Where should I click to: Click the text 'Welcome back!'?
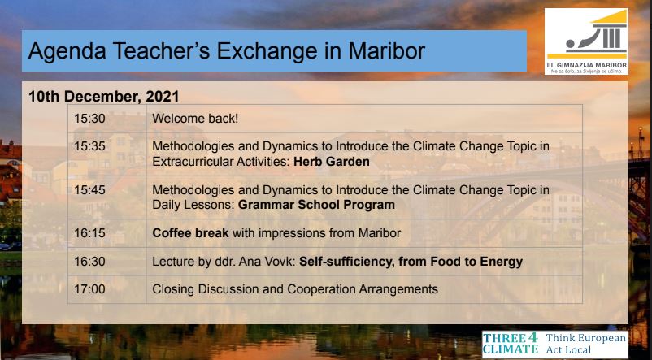point(195,119)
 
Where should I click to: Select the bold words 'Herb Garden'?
point(332,161)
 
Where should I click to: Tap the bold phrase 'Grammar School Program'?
point(316,205)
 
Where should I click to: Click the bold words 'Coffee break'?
point(190,233)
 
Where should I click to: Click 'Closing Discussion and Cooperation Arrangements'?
point(295,289)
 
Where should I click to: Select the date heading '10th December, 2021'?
point(103,97)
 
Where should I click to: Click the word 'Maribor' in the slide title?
point(386,50)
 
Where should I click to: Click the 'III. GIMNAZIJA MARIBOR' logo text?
point(586,65)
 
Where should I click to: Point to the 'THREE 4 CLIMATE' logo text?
point(511,344)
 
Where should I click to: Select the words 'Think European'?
point(586,338)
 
